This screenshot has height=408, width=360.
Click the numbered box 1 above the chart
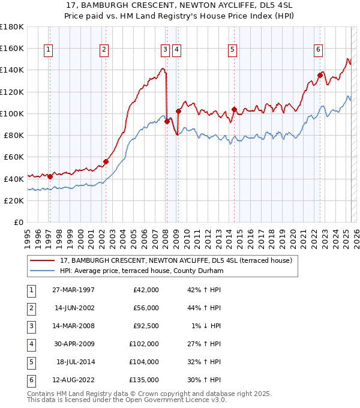48,50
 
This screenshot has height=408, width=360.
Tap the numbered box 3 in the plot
165,50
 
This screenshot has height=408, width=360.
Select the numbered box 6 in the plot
317,50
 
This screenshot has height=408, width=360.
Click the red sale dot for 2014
234,109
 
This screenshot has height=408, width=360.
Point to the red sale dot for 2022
320,76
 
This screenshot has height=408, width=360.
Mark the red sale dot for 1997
50,176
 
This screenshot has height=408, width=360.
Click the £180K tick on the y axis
11,27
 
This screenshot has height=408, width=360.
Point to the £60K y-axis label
13,157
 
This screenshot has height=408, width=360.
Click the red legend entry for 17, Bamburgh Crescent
175,260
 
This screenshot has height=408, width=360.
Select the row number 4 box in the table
30,344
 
